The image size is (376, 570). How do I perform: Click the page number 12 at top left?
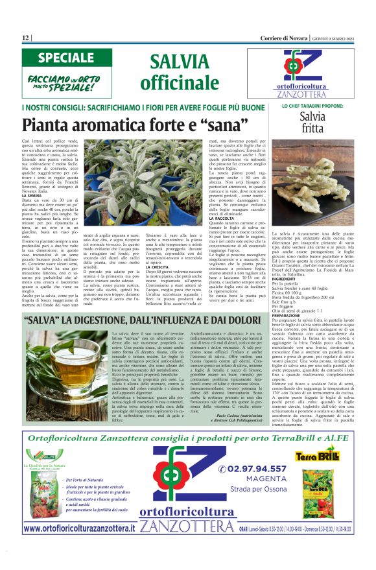point(26,38)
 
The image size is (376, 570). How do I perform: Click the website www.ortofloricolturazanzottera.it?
point(78,528)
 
